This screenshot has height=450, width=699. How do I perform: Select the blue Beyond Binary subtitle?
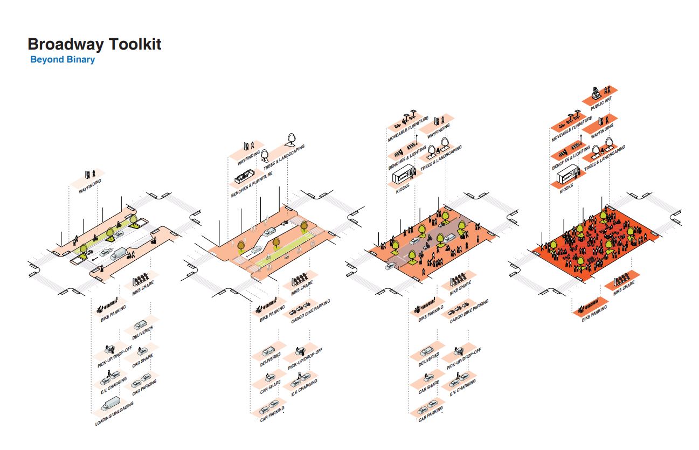click(63, 59)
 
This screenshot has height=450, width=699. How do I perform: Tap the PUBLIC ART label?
click(600, 102)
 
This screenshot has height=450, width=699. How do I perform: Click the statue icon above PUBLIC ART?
click(594, 91)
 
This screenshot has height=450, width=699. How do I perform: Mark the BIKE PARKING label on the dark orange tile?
click(594, 314)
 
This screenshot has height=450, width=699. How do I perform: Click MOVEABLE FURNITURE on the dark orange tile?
click(571, 130)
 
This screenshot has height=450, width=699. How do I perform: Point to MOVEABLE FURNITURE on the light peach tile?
click(408, 129)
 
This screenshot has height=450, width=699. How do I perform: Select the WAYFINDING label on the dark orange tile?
click(602, 131)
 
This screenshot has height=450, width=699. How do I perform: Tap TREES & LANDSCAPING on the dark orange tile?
click(604, 158)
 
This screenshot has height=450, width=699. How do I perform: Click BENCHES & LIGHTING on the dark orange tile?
click(571, 159)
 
